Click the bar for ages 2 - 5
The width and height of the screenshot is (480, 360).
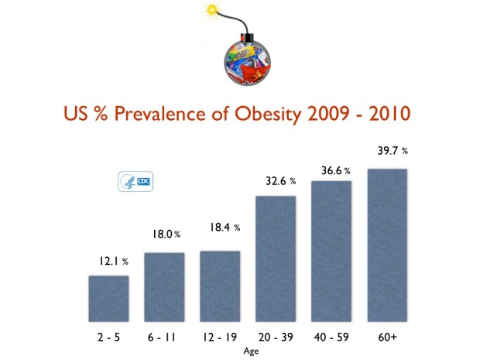click(x=108, y=298)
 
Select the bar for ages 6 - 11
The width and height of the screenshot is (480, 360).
click(x=164, y=286)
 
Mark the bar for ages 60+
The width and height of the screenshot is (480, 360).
click(x=387, y=244)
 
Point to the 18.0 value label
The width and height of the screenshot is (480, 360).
click(x=165, y=234)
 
